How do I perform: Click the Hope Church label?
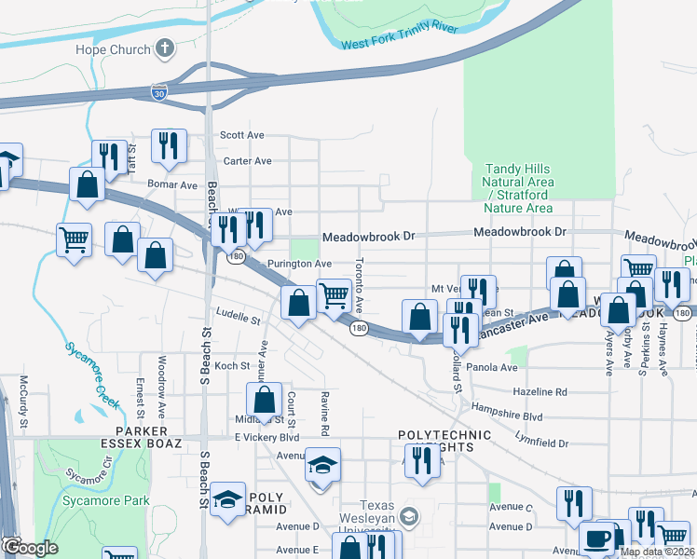click(114, 49)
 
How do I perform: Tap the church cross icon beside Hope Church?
click(165, 48)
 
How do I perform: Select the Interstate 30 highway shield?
click(160, 91)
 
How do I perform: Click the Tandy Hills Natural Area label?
click(519, 188)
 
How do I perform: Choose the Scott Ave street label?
click(244, 135)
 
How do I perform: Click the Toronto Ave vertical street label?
click(359, 286)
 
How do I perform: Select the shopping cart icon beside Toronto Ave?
click(334, 295)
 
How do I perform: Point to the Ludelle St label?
click(237, 319)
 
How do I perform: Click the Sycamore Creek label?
click(93, 376)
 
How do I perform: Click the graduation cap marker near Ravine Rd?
click(322, 465)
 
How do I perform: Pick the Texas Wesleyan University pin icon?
click(408, 516)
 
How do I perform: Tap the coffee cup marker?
click(596, 539)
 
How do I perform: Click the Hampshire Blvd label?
click(507, 416)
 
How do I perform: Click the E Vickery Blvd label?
click(266, 437)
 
